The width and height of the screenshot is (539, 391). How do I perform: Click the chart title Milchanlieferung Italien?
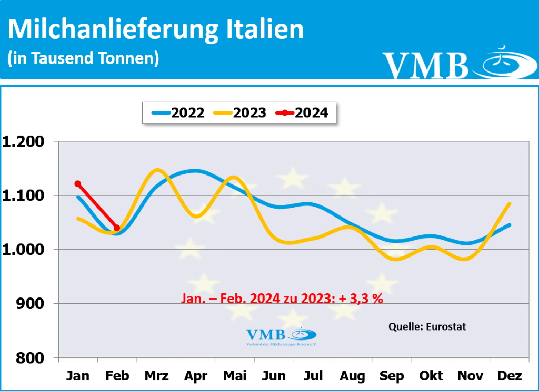(156, 29)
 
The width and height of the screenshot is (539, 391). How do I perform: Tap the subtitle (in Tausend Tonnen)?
(83, 58)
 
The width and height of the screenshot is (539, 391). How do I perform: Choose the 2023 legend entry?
(239, 112)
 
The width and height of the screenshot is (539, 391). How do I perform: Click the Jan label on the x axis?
(78, 376)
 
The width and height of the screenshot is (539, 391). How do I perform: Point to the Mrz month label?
(156, 376)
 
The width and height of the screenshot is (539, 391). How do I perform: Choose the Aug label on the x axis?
(352, 376)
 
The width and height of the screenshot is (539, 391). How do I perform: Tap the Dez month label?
(509, 376)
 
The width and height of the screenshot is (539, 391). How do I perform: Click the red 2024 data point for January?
(78, 184)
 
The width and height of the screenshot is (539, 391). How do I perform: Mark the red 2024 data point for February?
(117, 228)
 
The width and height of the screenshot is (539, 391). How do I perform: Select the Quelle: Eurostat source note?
(427, 326)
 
